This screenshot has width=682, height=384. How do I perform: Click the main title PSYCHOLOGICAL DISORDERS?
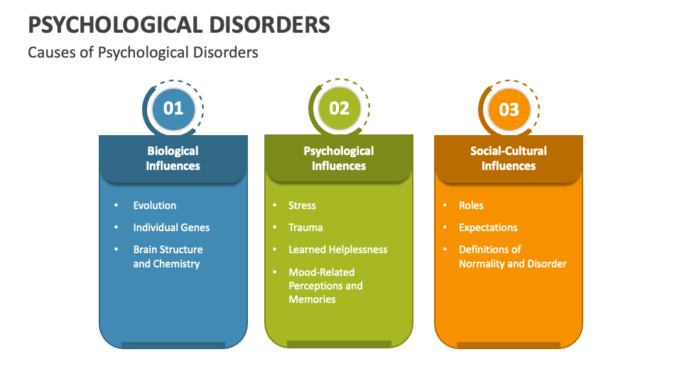pos(179,25)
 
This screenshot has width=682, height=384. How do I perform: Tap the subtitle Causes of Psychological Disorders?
pos(143,53)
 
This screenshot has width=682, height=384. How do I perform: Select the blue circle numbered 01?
pos(173,108)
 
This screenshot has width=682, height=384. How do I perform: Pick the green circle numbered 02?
pos(339,108)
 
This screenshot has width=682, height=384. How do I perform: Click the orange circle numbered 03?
pos(509,110)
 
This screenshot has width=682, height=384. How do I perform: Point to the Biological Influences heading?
pos(173,158)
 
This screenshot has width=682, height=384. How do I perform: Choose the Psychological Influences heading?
pos(339,158)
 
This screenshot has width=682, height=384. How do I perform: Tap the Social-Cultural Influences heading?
pos(509,158)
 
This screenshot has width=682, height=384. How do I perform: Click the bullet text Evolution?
pos(155,206)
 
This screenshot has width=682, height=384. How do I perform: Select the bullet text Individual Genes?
pos(171,228)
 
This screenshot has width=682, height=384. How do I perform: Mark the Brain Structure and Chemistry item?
pos(168,257)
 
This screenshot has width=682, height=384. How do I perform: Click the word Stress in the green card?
pos(302,206)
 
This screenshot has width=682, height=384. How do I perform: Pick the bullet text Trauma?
pos(305,228)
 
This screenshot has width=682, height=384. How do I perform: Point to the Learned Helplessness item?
pos(337,250)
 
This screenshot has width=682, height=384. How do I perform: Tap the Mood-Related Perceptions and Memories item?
pos(325,285)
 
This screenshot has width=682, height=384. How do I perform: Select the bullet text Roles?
pos(471,206)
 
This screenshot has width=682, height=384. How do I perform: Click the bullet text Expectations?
pos(488,228)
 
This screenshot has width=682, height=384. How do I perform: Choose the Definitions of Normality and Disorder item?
pos(512,257)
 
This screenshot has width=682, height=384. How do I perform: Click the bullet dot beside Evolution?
pos(117,206)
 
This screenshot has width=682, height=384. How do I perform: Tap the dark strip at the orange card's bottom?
pos(509,345)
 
